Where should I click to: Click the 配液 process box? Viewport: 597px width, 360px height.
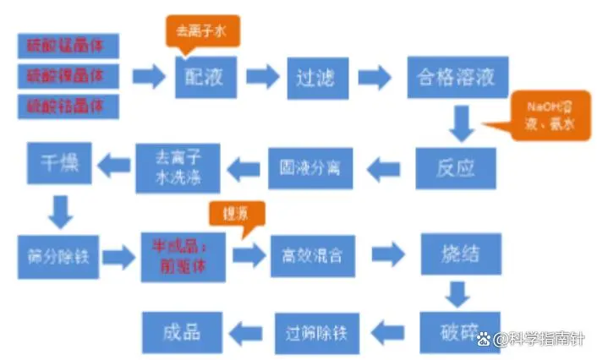coord(205,77)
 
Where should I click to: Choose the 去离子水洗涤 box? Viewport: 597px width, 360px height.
coord(178,167)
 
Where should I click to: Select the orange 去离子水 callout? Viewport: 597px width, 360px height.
coord(202,31)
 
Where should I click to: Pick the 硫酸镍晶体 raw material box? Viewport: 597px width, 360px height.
coord(68,76)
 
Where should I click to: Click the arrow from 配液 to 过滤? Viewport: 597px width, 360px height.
coord(262,77)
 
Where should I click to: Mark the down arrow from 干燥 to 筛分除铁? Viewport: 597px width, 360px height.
coord(60,210)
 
